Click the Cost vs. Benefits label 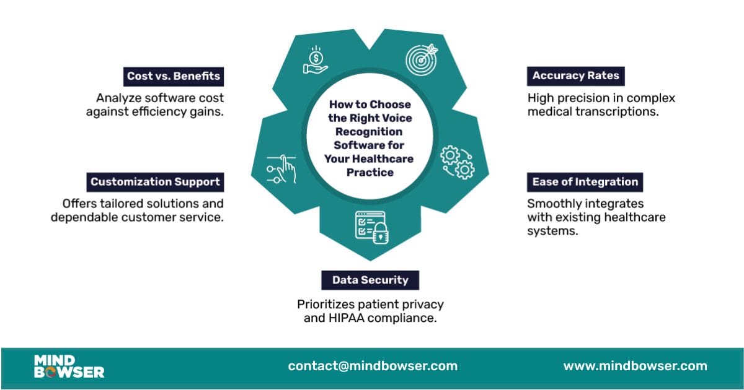click(174, 76)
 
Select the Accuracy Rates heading click(575, 76)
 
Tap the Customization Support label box click(155, 182)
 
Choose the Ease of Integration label click(585, 182)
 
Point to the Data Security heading click(370, 280)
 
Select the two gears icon click(458, 163)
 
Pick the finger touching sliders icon click(282, 168)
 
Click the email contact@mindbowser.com click(373, 366)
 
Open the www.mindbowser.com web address click(635, 366)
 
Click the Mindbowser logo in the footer click(69, 366)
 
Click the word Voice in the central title click(396, 118)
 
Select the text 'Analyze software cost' click(160, 98)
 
